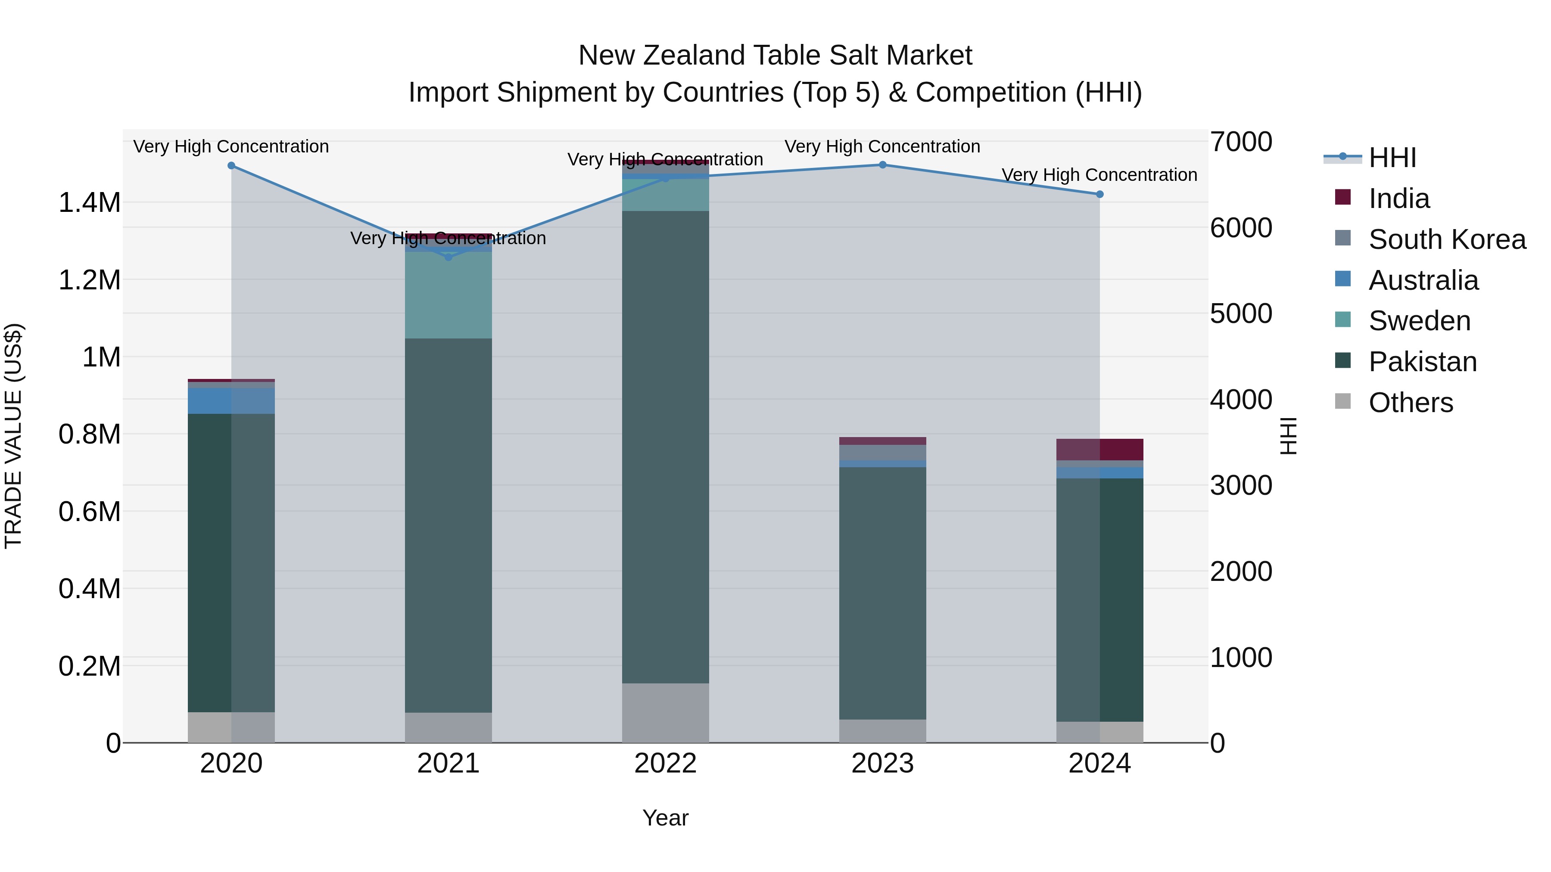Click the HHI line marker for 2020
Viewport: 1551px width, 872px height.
pyautogui.click(x=231, y=165)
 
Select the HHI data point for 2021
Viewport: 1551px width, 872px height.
pyautogui.click(x=448, y=257)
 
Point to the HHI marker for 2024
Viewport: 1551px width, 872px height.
pyautogui.click(x=1099, y=194)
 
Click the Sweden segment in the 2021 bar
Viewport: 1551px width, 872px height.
pyautogui.click(x=448, y=295)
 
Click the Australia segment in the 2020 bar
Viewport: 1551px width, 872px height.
pyautogui.click(x=231, y=401)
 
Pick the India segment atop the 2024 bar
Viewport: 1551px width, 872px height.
pyautogui.click(x=1099, y=450)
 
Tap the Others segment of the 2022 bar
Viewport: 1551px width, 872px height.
pyautogui.click(x=665, y=713)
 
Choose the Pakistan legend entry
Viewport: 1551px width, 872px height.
pyautogui.click(x=1422, y=362)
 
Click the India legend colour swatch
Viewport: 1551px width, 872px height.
pyautogui.click(x=1342, y=197)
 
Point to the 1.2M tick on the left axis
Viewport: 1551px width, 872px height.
pyautogui.click(x=89, y=280)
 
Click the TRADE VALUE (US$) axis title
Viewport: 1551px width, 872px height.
pyautogui.click(x=13, y=436)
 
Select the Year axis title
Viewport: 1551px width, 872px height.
pyautogui.click(x=665, y=818)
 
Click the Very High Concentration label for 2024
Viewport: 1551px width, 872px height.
pyautogui.click(x=1099, y=175)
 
